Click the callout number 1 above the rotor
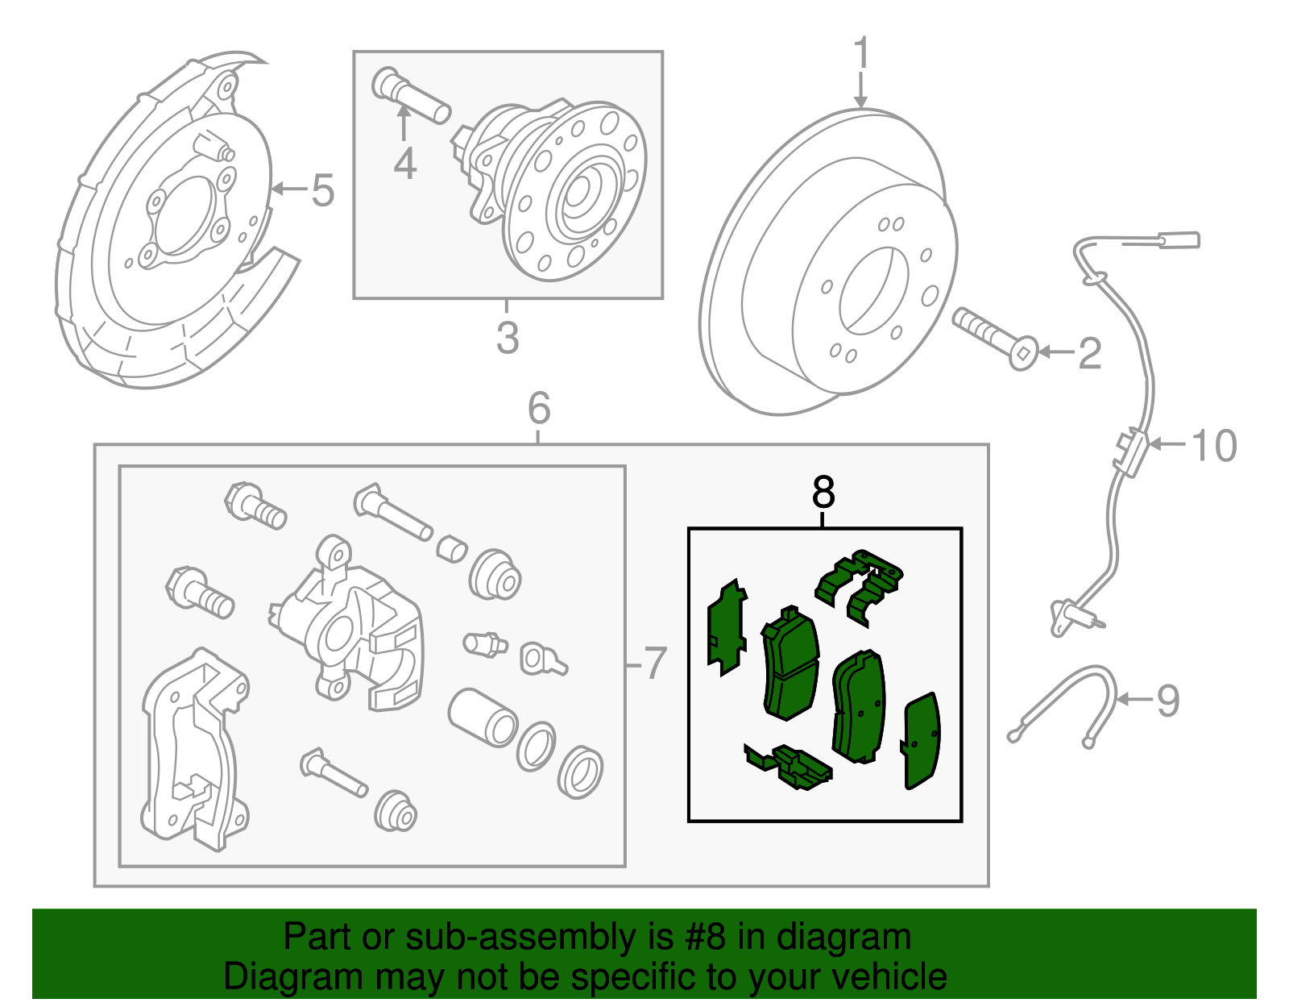tap(862, 54)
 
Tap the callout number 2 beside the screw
tap(1089, 353)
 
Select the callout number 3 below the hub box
tap(507, 338)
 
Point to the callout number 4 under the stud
tap(404, 164)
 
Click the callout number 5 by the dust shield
tap(322, 190)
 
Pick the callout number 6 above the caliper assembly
tap(539, 408)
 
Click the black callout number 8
tap(823, 492)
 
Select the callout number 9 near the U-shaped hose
tap(1167, 700)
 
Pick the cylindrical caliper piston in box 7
tap(482, 717)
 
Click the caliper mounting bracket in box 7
tap(193, 750)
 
